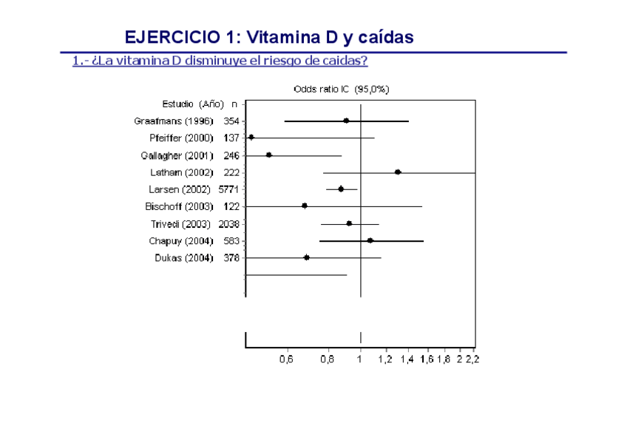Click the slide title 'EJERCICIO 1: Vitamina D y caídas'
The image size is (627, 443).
coord(269,37)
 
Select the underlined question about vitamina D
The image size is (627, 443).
coord(220,61)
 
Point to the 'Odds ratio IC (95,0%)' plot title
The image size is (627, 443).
coord(342,89)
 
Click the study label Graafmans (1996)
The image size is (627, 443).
coord(174,121)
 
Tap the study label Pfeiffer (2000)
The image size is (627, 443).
coord(181,138)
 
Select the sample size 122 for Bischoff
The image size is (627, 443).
coord(231,206)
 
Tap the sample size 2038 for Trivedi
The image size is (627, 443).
coord(229,223)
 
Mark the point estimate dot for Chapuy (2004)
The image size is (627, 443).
coord(370,240)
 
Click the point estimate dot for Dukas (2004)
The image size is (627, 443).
coord(306,257)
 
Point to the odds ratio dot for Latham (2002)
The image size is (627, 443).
coord(398,172)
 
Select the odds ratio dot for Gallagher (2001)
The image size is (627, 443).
coord(268,155)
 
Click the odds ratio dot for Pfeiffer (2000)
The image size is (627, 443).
coord(251,138)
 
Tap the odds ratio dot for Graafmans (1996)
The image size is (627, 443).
coord(346,121)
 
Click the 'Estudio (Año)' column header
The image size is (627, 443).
coord(193,104)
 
